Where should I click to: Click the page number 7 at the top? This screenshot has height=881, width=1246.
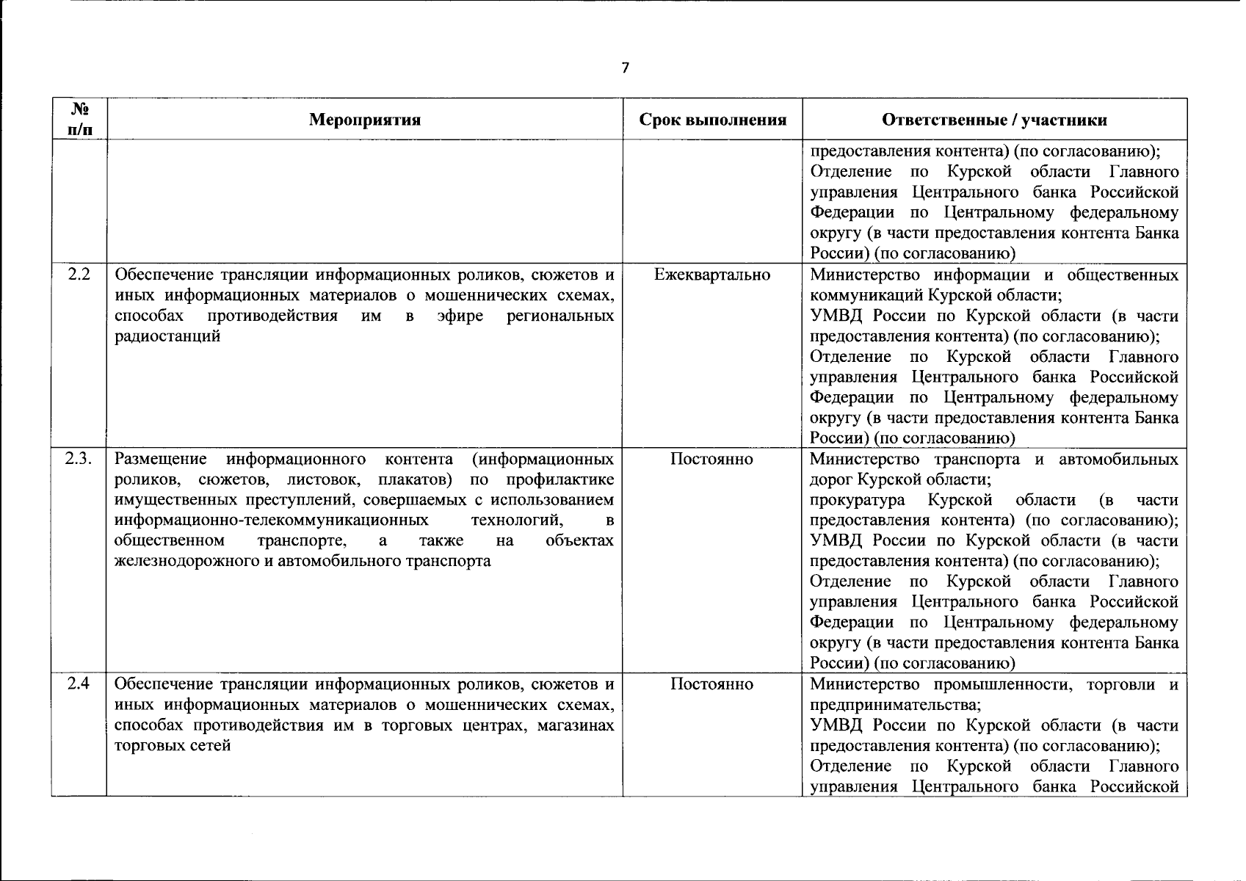coord(625,68)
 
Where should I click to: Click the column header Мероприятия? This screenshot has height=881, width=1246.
coord(365,120)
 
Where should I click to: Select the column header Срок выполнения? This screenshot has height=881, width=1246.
coord(712,120)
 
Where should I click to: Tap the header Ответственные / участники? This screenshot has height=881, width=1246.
coord(994,120)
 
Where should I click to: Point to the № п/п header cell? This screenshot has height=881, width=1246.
coord(79,120)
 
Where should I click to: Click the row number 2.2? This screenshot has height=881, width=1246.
coord(79,275)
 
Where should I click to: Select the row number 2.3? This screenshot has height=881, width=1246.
coord(79,460)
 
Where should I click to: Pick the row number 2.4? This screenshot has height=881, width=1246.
coord(79,684)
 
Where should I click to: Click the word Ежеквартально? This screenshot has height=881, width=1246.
coord(712,275)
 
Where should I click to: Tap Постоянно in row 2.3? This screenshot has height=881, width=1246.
coord(711,460)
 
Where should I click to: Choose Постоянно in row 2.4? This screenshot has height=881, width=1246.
coord(711,684)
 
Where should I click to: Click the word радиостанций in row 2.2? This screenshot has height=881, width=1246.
coord(168,337)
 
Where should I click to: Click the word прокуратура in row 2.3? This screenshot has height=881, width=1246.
coord(857,501)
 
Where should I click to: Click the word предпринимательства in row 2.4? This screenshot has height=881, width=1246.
coord(894,705)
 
